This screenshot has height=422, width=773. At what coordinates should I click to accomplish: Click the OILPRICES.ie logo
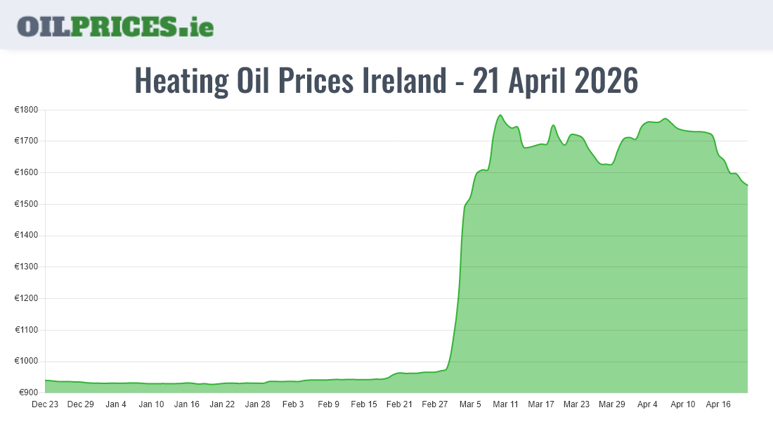[x=115, y=26]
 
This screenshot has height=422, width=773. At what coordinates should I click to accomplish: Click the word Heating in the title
[x=181, y=81]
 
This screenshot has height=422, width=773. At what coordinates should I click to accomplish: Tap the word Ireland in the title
[x=403, y=81]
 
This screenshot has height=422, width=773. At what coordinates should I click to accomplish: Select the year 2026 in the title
[x=605, y=81]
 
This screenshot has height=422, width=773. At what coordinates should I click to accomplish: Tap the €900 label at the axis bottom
[x=27, y=392]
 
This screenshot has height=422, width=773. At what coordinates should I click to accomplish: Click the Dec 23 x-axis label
[x=45, y=404]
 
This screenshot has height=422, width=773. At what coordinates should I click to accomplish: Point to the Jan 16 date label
[x=187, y=404]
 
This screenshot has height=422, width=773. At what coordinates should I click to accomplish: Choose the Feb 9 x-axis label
[x=328, y=404]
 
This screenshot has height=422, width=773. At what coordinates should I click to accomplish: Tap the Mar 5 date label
[x=470, y=404]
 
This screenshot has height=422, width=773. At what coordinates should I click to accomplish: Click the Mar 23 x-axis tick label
[x=576, y=404]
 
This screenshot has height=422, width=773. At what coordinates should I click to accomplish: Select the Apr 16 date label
[x=718, y=404]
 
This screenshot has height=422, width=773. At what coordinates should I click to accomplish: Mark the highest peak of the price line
[x=500, y=115]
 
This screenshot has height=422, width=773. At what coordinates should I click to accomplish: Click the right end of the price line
[x=747, y=185]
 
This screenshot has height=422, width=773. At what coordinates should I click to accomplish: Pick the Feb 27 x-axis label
[x=435, y=404]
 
